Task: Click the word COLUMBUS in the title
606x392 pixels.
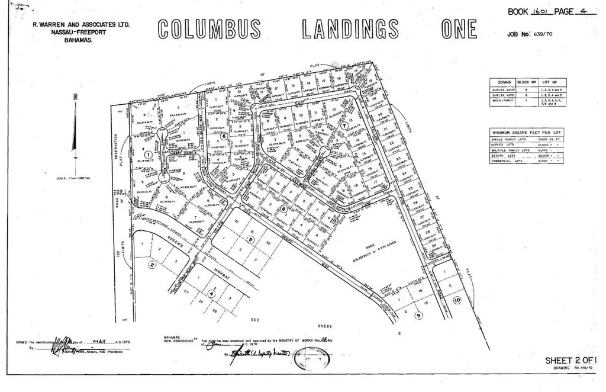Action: point(210,30)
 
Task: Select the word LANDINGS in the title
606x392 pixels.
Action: point(351,30)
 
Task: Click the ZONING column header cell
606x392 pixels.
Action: point(504,83)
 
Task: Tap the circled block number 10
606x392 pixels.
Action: point(456,301)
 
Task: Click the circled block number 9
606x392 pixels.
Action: point(418,316)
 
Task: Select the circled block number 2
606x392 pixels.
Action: point(152,265)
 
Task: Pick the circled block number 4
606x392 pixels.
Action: point(212,291)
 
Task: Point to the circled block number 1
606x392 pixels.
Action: point(148,153)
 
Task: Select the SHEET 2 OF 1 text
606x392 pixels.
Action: point(570,360)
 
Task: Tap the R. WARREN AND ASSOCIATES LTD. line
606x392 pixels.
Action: point(82,25)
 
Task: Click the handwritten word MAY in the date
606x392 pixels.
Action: point(99,342)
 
